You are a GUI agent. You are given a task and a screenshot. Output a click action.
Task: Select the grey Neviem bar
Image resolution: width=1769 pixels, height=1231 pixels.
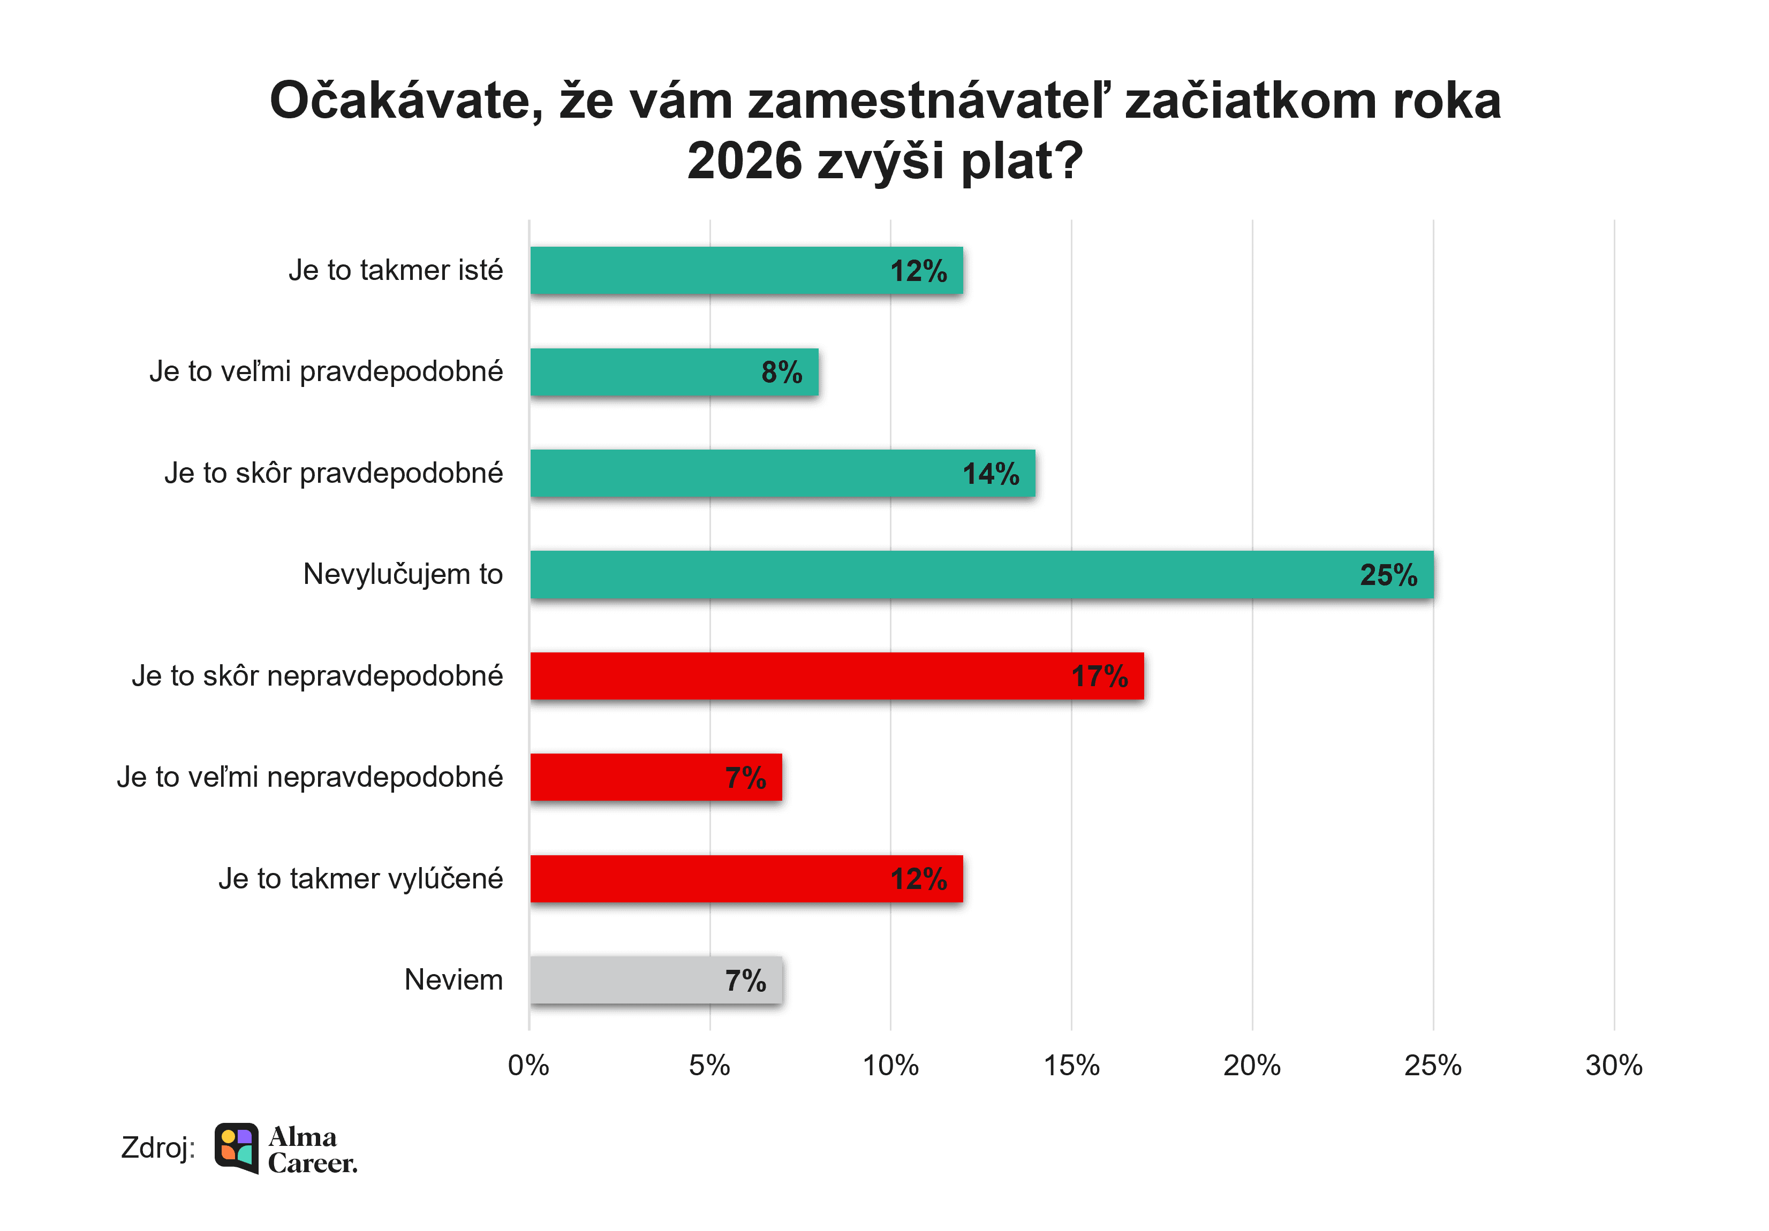[656, 980]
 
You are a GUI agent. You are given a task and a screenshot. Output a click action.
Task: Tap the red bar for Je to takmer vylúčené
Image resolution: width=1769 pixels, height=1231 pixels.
[746, 878]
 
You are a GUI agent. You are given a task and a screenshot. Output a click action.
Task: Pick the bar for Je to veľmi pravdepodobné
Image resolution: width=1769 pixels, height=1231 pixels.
[674, 372]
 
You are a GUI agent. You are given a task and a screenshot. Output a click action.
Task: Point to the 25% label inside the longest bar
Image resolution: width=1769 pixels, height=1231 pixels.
[1388, 575]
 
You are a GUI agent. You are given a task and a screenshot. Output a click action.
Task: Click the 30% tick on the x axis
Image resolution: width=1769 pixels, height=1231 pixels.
[1613, 1066]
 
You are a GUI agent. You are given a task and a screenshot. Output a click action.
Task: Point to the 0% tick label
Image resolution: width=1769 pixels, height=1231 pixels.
[528, 1066]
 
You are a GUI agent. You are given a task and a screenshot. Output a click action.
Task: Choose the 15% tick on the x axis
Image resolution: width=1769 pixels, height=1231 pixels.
[1071, 1066]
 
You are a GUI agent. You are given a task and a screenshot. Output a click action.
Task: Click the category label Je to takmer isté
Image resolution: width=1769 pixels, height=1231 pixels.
[395, 270]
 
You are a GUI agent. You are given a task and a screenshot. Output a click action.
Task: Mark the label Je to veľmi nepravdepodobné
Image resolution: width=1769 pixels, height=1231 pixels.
[309, 777]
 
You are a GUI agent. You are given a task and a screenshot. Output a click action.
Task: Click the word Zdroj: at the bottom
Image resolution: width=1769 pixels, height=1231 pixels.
[158, 1148]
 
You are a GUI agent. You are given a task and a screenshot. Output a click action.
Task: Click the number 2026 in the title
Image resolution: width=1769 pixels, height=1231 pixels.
[745, 161]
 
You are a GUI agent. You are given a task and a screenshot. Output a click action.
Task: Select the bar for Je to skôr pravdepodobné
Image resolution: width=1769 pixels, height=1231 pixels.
[782, 474]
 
